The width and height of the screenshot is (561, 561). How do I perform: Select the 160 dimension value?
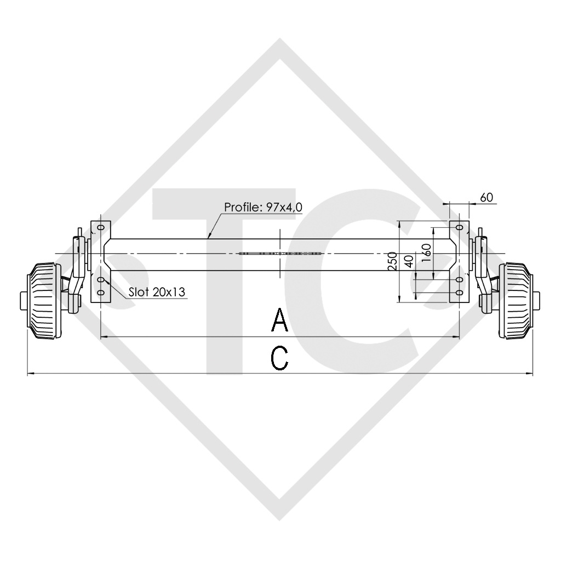[x=428, y=253]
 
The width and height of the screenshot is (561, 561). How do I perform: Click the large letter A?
[x=280, y=320]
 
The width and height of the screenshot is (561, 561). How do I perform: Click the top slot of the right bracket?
[x=460, y=227]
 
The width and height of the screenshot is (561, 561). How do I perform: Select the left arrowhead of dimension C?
[x=29, y=374]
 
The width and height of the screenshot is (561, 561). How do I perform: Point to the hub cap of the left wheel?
[x=22, y=301]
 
